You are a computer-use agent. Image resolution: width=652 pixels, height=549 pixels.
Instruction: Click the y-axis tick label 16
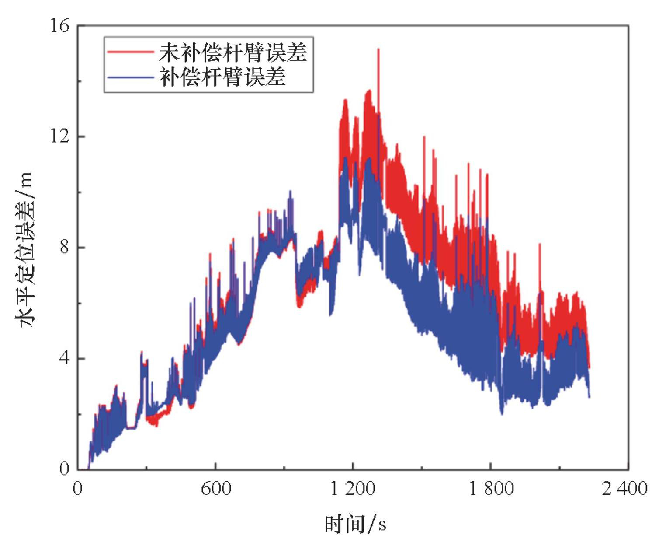pyautogui.click(x=60, y=26)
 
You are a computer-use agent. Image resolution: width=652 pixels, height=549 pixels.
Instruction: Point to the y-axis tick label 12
pyautogui.click(x=60, y=136)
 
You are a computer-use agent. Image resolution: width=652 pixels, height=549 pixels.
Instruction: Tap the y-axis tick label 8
pyautogui.click(x=65, y=247)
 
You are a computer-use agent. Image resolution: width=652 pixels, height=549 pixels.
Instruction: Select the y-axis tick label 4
pyautogui.click(x=65, y=358)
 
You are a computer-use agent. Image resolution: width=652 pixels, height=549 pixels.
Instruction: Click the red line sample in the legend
pyautogui.click(x=130, y=52)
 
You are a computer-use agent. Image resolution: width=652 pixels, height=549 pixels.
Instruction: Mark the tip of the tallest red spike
pyautogui.click(x=378, y=49)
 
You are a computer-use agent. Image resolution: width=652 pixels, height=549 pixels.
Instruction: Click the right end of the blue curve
pyautogui.click(x=589, y=397)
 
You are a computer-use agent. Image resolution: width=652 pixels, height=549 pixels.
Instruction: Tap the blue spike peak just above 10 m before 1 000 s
pyautogui.click(x=290, y=191)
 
